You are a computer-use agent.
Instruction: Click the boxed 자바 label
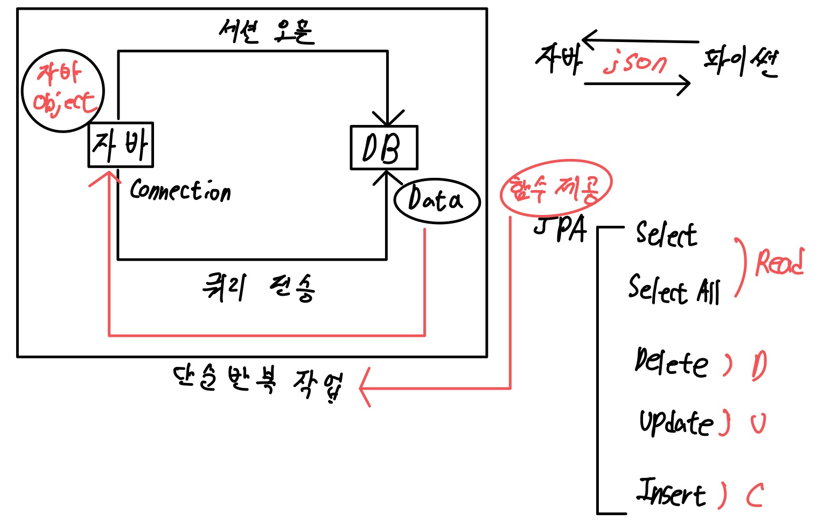(x=121, y=144)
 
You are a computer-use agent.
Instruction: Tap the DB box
(x=383, y=148)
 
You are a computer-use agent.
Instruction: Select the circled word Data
(x=436, y=200)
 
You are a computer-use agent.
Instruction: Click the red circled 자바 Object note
(x=63, y=90)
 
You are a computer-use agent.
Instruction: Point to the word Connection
(x=180, y=190)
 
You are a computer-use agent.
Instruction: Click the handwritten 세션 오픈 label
(x=266, y=31)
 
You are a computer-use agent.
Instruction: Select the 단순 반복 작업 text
(x=257, y=383)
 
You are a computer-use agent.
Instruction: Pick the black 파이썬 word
(x=741, y=62)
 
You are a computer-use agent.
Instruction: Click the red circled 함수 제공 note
(x=555, y=187)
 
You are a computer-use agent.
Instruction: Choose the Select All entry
(x=674, y=289)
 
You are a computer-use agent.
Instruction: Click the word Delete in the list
(x=671, y=362)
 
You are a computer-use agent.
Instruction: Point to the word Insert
(x=671, y=492)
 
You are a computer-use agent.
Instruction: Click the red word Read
(x=779, y=262)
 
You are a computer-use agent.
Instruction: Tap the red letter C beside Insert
(x=755, y=495)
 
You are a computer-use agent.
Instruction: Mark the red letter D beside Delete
(x=759, y=366)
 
